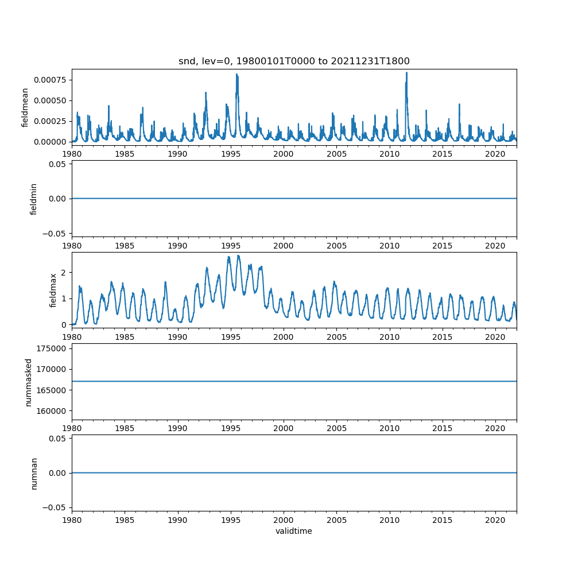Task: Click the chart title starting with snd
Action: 294,61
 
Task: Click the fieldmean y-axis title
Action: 25,107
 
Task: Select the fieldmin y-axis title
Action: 33,199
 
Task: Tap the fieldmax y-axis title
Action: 53,290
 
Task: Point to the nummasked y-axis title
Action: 28,382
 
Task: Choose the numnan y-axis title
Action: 34,473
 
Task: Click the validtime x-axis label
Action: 294,531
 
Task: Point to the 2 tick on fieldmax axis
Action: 65,272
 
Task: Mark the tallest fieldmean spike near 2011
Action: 406,73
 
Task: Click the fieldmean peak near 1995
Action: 236,74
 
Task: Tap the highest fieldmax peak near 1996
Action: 238,255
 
